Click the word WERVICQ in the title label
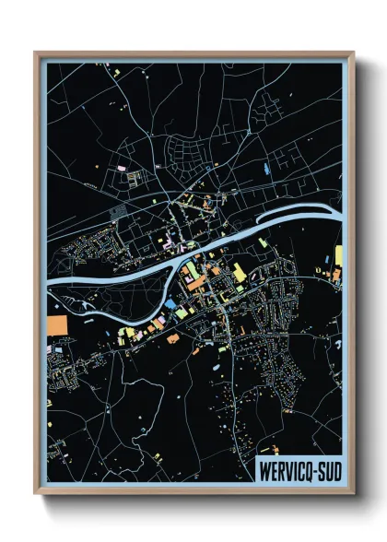click(x=282, y=471)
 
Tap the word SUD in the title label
click(x=324, y=471)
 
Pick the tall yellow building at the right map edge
click(x=337, y=257)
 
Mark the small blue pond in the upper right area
click(x=268, y=170)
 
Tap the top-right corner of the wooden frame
click(x=352, y=53)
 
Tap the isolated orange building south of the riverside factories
click(x=172, y=338)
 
